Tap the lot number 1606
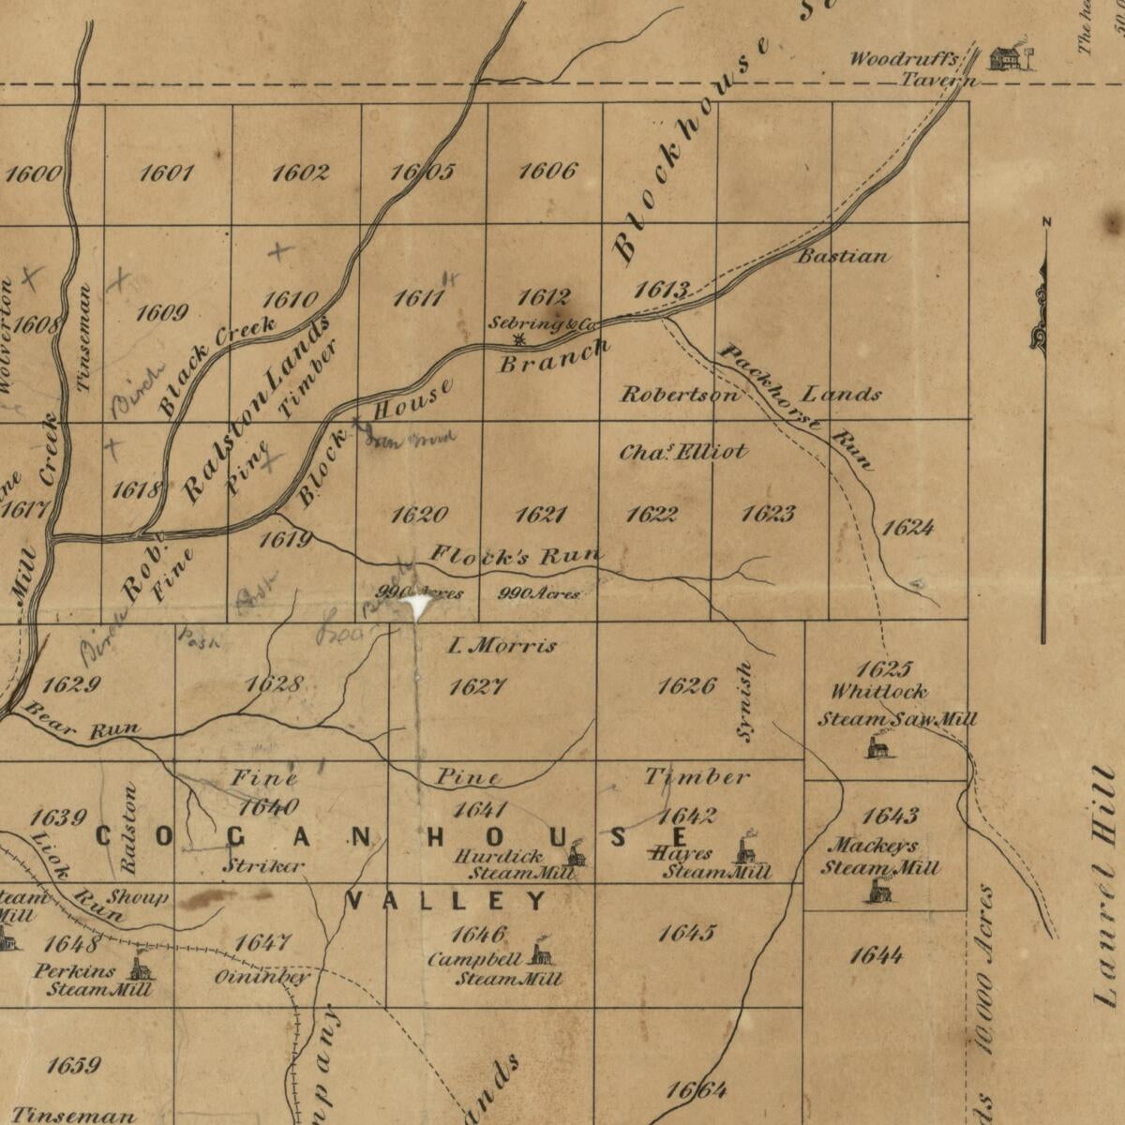point(547,171)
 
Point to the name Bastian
point(843,256)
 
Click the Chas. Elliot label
point(682,452)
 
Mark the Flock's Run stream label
point(516,556)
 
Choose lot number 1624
point(907,528)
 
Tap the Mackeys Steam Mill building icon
point(879,891)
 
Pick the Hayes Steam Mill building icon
point(746,848)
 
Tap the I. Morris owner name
point(502,645)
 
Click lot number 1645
point(686,933)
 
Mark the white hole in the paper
point(417,606)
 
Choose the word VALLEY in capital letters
point(446,902)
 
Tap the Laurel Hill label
point(1107,886)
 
